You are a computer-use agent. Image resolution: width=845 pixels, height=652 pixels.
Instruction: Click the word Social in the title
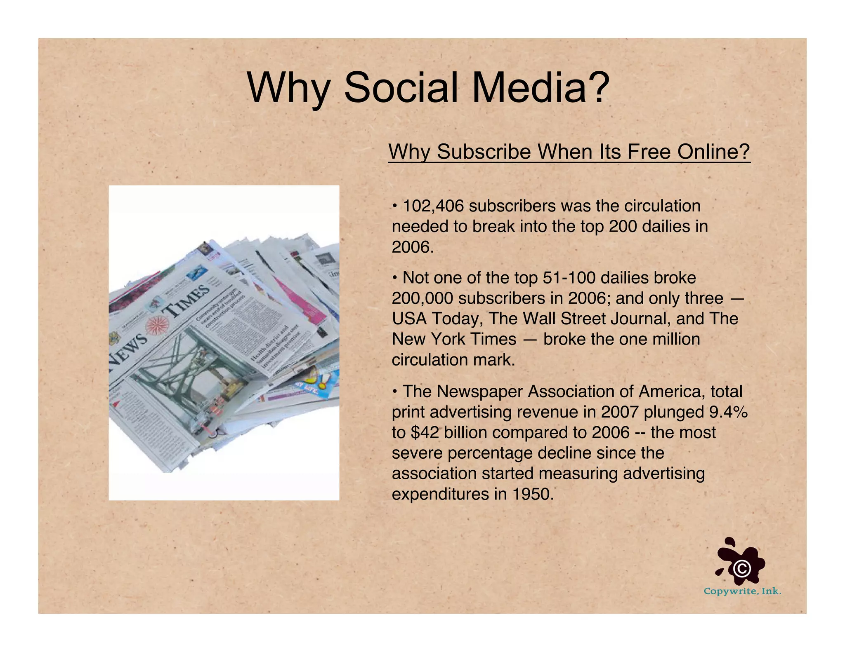point(400,88)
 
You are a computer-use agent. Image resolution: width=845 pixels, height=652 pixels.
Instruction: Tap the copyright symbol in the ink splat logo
point(742,568)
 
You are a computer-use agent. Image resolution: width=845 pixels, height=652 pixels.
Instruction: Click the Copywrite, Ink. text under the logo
point(742,591)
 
